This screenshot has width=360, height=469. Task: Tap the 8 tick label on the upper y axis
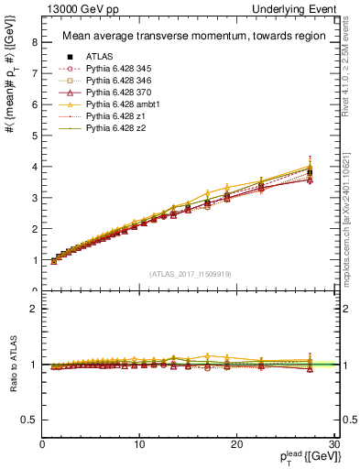pyautogui.click(x=34, y=41)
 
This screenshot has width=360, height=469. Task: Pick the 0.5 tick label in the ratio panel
pyautogui.click(x=30, y=420)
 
